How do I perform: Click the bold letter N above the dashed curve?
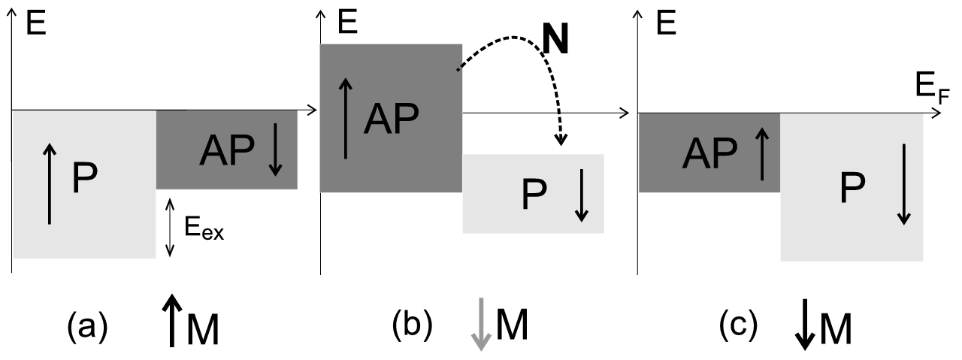555,43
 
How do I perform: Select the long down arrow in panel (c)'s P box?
903,184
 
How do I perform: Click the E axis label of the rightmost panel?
663,25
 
